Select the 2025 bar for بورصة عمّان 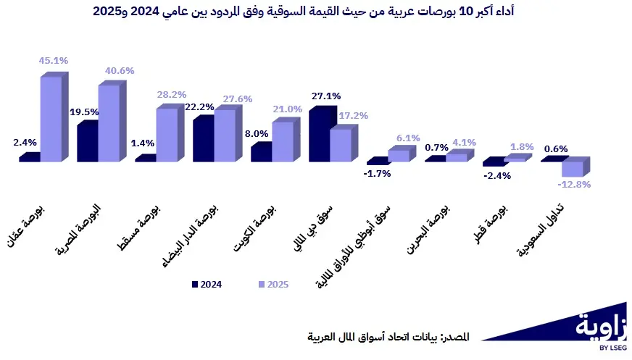51,119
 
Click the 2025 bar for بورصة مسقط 167,135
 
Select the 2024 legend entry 207,285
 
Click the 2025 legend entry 273,285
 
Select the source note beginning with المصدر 388,337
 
